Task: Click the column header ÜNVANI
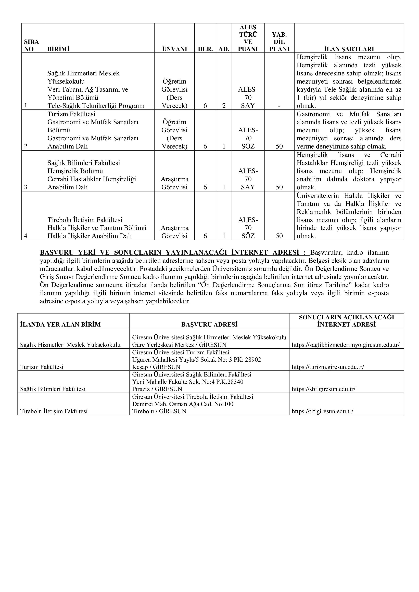point(174,49)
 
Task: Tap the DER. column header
point(205,49)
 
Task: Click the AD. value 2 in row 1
point(224,106)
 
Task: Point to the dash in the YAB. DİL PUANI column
point(279,106)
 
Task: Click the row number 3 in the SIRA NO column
point(26,187)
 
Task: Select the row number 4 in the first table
point(26,236)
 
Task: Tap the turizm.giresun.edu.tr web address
point(328,367)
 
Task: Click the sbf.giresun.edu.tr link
point(323,389)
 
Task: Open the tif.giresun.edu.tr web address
point(322,411)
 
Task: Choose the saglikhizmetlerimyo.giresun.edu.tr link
point(346,345)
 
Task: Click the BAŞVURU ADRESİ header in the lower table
point(209,324)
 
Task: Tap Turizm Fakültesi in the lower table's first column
point(42,367)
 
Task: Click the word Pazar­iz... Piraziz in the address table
point(141,389)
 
